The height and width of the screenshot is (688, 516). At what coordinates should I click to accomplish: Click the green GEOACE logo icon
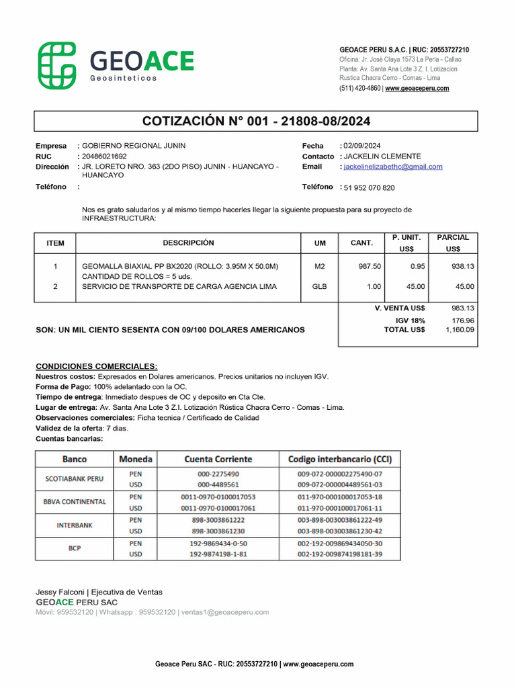[x=57, y=65]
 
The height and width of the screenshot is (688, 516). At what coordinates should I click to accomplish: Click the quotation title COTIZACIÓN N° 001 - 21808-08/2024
[x=256, y=121]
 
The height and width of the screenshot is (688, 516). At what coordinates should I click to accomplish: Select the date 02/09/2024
[x=361, y=146]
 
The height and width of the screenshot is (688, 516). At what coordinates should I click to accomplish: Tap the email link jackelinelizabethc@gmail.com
[x=393, y=167]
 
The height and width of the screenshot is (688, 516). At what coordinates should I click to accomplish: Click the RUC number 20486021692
[x=104, y=156]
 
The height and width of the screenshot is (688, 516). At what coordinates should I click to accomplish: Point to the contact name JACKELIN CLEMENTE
[x=382, y=156]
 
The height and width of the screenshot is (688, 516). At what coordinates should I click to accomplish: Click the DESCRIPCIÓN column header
[x=188, y=243]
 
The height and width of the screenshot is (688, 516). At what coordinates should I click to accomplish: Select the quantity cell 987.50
[x=369, y=267]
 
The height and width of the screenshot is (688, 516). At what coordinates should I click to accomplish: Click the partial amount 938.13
[x=463, y=267]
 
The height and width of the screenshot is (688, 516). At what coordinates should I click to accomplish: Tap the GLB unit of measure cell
[x=319, y=287]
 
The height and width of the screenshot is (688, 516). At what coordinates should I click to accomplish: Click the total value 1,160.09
[x=460, y=330]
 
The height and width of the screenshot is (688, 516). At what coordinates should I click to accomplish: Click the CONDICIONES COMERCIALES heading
[x=96, y=366]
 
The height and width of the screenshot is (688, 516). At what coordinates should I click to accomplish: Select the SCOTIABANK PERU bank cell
[x=74, y=479]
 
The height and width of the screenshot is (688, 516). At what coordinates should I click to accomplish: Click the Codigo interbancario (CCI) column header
[x=339, y=460]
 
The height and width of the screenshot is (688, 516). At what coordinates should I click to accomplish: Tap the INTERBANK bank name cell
[x=74, y=525]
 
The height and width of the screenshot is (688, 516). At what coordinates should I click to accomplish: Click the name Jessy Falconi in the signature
[x=60, y=592]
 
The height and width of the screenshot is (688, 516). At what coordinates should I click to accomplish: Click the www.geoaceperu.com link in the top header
[x=417, y=89]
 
